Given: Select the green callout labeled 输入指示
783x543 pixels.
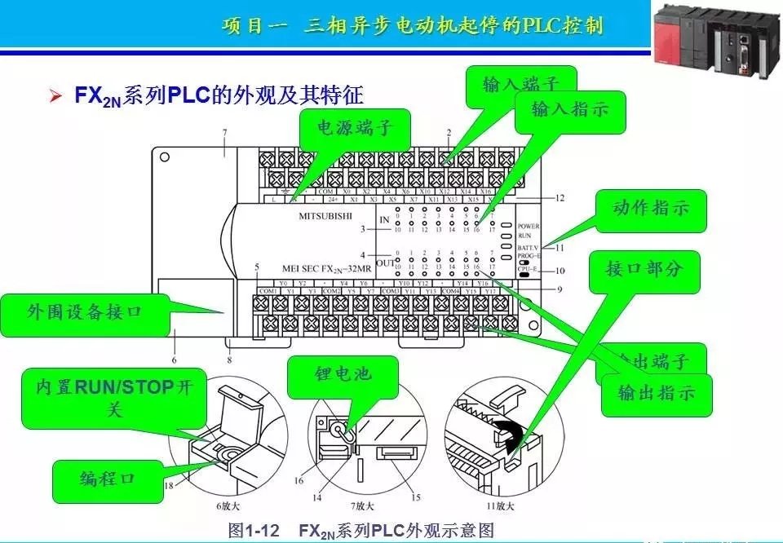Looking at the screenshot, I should (x=570, y=109).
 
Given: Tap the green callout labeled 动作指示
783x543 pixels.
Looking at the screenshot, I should (x=650, y=208).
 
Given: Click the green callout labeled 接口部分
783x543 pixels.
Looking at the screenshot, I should (x=643, y=269).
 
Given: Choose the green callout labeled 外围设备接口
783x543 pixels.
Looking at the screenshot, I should (x=85, y=312).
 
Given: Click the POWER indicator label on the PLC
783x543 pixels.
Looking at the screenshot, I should (x=529, y=226).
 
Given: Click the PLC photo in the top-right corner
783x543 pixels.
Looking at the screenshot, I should (x=715, y=37).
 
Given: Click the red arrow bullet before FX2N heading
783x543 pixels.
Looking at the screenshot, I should (x=55, y=96).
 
